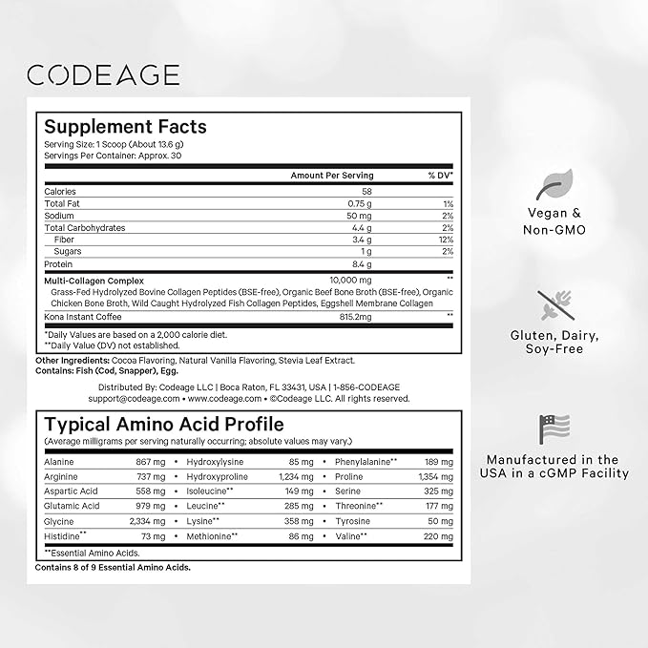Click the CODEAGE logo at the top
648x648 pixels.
pos(103,74)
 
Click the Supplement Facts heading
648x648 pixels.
pos(125,126)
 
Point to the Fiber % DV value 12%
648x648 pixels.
pos(446,240)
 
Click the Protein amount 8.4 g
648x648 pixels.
pos(361,263)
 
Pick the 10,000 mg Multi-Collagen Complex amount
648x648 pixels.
pos(352,280)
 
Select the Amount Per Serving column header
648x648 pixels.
pos(332,176)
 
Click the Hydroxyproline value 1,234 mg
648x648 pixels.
pos(295,476)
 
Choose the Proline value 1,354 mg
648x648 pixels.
pos(434,476)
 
